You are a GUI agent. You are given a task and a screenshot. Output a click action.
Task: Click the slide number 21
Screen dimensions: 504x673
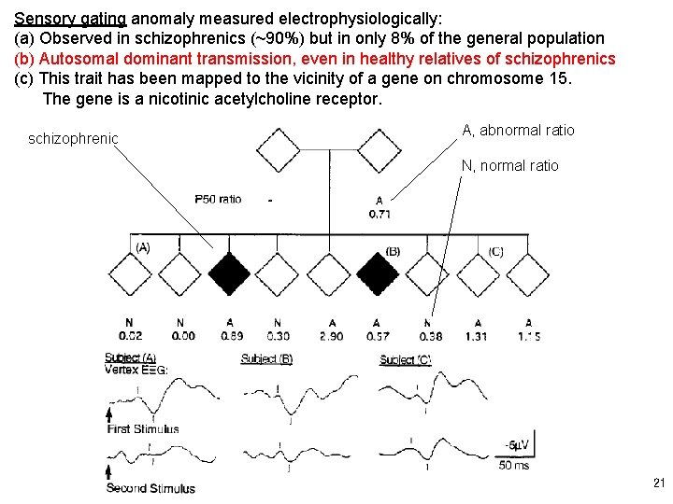tap(657, 483)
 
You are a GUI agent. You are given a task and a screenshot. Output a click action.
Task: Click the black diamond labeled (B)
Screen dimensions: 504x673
tap(378, 273)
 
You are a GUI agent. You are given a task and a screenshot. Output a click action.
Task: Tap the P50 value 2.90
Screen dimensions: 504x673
tap(331, 336)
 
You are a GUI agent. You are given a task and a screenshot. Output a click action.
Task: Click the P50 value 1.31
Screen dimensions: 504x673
tap(477, 336)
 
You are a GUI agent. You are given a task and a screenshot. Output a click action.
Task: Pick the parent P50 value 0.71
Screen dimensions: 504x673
tap(379, 215)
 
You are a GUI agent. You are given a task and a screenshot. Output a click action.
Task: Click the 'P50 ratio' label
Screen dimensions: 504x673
tap(217, 199)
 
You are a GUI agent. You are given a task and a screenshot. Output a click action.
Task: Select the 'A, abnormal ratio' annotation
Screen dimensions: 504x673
tap(518, 131)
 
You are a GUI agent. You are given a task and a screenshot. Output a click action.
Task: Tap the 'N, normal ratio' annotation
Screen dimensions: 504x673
tap(509, 166)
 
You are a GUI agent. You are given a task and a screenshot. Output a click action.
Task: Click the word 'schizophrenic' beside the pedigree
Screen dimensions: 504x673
tap(73, 139)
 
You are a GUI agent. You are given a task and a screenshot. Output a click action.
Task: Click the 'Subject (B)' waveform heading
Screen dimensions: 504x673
tap(265, 359)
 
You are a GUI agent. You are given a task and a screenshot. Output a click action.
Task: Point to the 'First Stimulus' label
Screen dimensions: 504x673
tap(143, 429)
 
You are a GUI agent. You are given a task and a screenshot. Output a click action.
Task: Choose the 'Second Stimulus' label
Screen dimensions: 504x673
tap(150, 488)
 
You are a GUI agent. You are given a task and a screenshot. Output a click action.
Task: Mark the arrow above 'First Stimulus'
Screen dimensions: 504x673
tap(109, 416)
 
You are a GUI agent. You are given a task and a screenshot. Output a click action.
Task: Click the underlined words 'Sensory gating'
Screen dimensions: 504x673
tap(71, 19)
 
